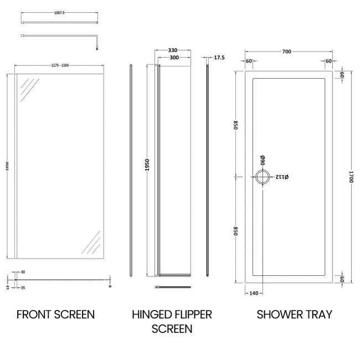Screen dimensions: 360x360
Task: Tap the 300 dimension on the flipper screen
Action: [173, 58]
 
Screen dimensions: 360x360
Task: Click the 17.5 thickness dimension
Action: [219, 58]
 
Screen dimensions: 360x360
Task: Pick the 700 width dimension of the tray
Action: [286, 52]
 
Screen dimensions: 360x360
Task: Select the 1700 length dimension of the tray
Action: [351, 176]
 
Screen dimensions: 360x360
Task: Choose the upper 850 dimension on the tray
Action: [236, 125]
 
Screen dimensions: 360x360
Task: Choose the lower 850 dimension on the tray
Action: [236, 230]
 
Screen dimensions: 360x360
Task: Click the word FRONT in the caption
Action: [35, 315]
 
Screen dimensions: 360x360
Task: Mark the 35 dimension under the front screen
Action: [23, 288]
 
